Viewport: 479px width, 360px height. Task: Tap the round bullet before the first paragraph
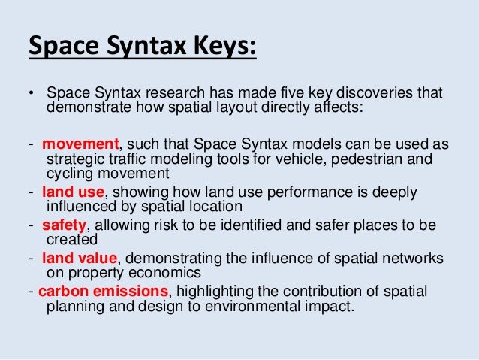tap(32, 95)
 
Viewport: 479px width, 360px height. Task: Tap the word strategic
tap(75, 159)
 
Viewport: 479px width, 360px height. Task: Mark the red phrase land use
tap(68, 192)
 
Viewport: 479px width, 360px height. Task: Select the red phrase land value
tap(74, 258)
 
